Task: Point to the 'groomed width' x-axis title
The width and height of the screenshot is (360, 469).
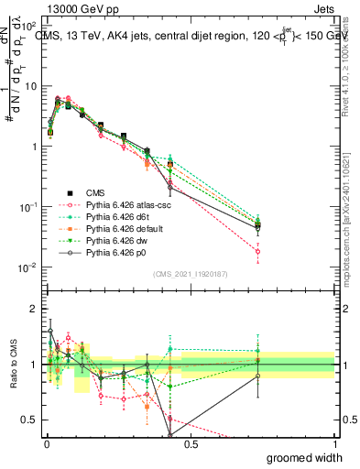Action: [306, 456]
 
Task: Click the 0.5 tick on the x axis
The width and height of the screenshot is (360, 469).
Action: [191, 442]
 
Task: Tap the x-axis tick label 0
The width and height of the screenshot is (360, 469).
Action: [47, 442]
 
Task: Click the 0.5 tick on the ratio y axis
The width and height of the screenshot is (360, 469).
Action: [30, 420]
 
